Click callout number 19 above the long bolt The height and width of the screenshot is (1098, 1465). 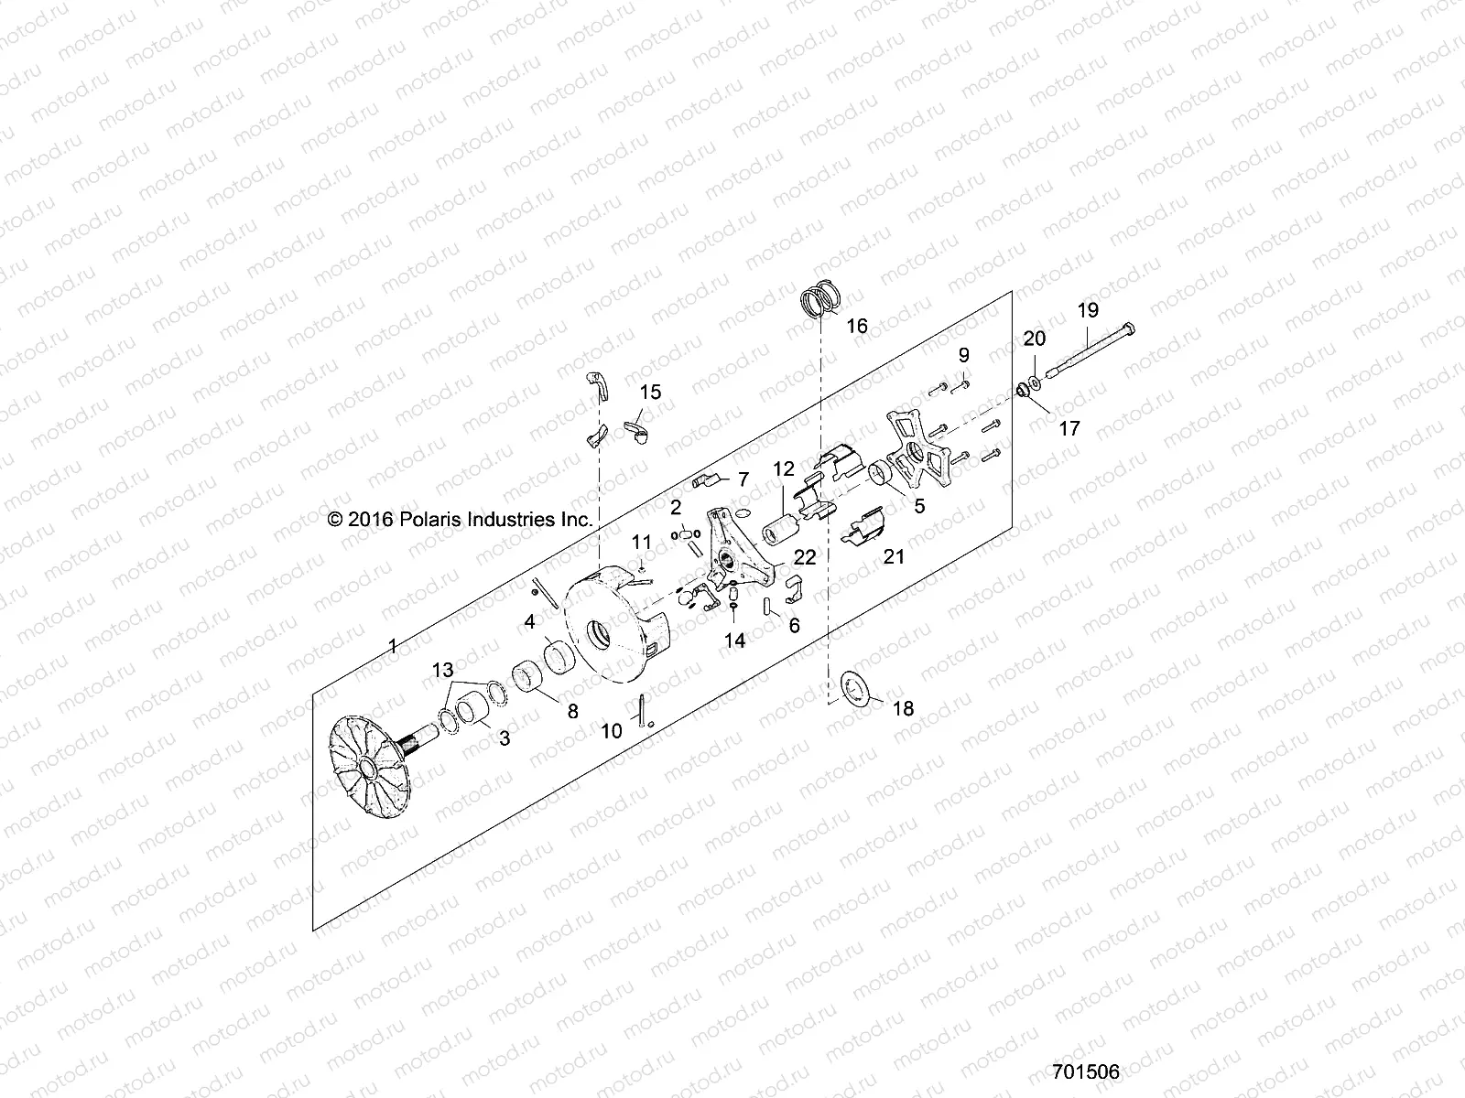click(1088, 311)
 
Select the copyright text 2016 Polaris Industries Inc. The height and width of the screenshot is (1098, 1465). click(460, 519)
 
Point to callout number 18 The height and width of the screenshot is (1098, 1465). click(902, 709)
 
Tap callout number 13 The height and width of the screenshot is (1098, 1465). click(442, 671)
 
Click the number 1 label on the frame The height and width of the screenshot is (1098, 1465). click(393, 647)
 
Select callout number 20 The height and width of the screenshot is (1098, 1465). click(1034, 339)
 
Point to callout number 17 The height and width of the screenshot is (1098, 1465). click(1069, 428)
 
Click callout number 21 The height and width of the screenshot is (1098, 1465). click(894, 556)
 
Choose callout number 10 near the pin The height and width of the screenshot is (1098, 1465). click(611, 730)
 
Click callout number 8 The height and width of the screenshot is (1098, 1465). click(573, 712)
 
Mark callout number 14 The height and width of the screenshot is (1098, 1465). click(735, 641)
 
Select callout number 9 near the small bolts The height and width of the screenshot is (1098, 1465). click(963, 355)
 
